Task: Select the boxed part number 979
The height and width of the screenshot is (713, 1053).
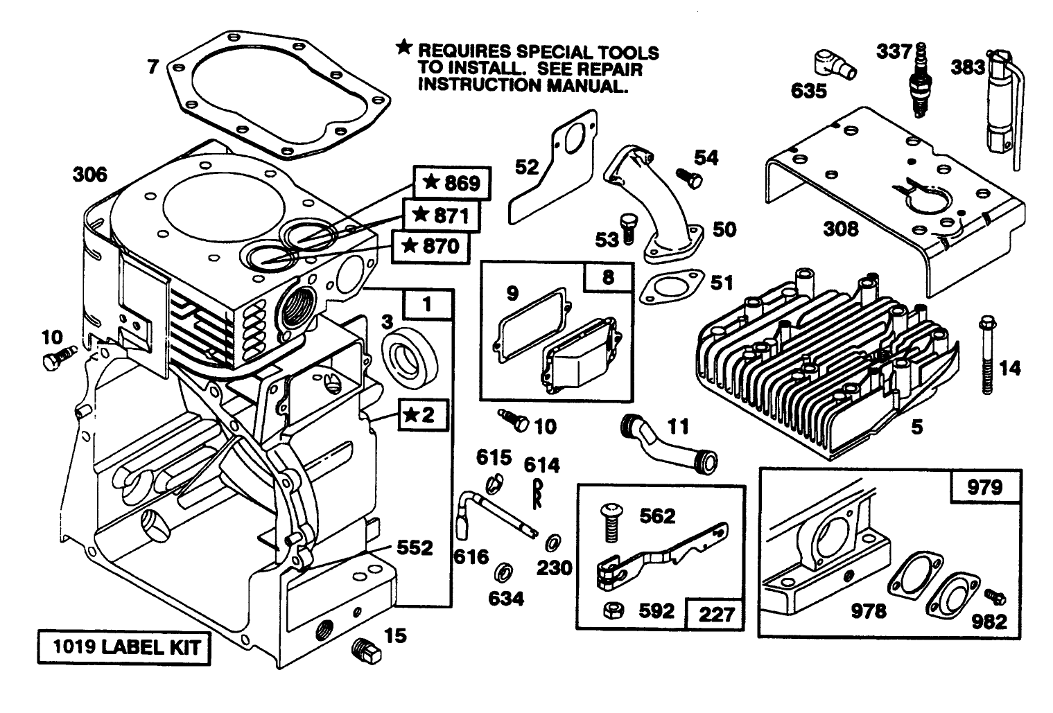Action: [984, 487]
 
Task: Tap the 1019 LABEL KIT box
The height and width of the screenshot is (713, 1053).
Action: [124, 647]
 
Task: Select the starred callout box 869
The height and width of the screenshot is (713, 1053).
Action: [451, 183]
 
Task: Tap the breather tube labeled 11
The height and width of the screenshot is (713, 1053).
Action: [669, 442]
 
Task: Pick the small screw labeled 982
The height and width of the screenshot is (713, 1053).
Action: [995, 595]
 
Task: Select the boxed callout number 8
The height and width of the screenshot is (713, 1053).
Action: [607, 277]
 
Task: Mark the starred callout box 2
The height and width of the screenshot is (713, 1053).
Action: [422, 414]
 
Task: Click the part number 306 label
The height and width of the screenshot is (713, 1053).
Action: [90, 175]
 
